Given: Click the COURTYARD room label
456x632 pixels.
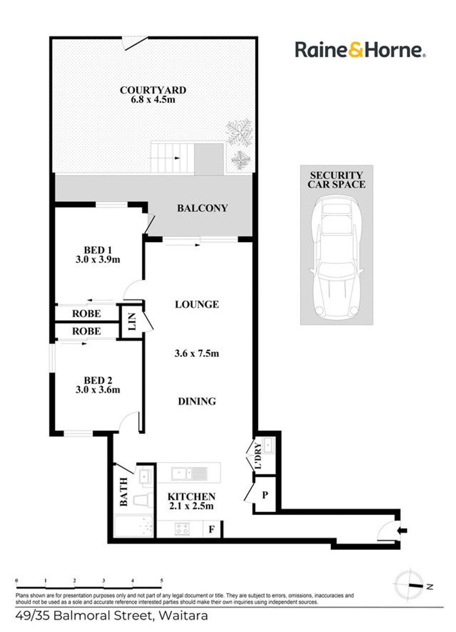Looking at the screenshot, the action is coord(153,90).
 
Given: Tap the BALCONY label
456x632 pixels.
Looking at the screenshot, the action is coord(202,208).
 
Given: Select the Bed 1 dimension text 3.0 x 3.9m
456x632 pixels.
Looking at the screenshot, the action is coord(98,259).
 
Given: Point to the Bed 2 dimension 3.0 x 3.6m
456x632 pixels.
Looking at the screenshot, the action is coord(98,390).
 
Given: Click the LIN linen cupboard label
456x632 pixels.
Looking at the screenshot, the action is coord(132,322).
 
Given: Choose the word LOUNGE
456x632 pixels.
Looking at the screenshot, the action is coord(197,304).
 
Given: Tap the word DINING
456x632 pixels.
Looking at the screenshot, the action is coord(197,401).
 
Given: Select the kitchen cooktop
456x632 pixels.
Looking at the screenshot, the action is coord(182,529).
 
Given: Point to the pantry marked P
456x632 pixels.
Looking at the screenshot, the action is coord(265,495).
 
